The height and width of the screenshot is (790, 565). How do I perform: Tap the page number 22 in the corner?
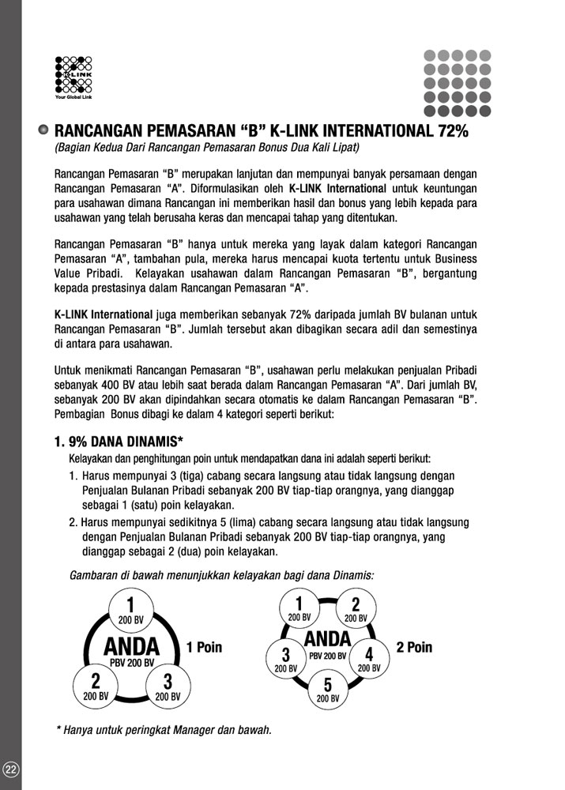click(11, 769)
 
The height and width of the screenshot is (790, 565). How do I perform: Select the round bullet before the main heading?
click(44, 130)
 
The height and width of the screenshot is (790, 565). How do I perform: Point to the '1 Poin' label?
click(204, 647)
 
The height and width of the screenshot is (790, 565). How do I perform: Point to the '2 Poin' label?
click(414, 647)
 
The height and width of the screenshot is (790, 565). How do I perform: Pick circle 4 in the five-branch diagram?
click(368, 657)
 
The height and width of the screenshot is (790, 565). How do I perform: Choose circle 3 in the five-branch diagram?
click(286, 657)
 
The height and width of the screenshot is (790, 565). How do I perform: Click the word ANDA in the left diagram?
click(131, 647)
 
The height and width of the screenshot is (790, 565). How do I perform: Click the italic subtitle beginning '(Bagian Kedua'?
click(207, 148)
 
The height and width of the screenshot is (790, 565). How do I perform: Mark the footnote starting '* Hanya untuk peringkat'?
click(164, 730)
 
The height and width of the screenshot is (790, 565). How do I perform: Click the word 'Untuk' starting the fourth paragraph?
click(69, 370)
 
